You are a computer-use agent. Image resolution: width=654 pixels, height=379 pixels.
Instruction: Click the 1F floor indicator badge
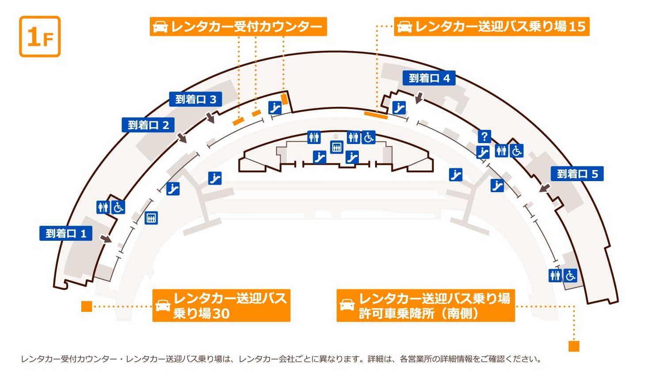coord(40,37)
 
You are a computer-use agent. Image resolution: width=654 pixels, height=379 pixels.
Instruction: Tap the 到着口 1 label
coord(66,233)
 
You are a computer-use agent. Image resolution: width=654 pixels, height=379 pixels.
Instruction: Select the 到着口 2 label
coord(148,125)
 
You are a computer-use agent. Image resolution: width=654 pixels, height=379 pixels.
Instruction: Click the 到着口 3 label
coord(196,99)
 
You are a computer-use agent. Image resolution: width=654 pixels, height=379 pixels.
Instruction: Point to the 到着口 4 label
coord(429,78)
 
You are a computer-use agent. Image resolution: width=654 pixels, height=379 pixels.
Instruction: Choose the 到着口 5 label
coord(577,174)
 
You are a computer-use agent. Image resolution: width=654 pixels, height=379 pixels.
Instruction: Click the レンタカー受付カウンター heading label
coord(238,27)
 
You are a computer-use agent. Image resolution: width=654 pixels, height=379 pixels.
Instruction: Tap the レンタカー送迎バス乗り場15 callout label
coord(491,27)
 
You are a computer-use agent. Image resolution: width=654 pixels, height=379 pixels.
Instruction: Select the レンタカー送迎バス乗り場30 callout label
coord(221,305)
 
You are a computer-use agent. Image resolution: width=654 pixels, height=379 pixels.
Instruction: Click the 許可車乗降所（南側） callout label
coord(426,305)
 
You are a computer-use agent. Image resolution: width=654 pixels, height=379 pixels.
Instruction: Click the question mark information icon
coord(484,136)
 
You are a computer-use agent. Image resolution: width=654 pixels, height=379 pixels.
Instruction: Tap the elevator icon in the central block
coord(337,147)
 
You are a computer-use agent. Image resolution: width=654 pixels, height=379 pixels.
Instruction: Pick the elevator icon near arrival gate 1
coord(151,218)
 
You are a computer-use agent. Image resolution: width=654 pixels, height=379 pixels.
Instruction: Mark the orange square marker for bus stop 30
coord(87,306)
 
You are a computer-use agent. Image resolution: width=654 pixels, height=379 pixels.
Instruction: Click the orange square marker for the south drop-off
coord(574,346)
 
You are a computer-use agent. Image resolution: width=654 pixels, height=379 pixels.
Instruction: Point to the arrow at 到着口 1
coord(106,239)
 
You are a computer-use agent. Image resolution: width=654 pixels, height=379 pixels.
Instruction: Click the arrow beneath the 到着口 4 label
coord(419,97)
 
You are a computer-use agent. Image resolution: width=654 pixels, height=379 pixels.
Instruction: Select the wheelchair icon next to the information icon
coord(516,151)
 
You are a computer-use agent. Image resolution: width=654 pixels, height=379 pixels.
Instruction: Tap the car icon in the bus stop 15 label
coord(404,27)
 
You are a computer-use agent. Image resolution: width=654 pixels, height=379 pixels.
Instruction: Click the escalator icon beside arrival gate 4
coord(399,107)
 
